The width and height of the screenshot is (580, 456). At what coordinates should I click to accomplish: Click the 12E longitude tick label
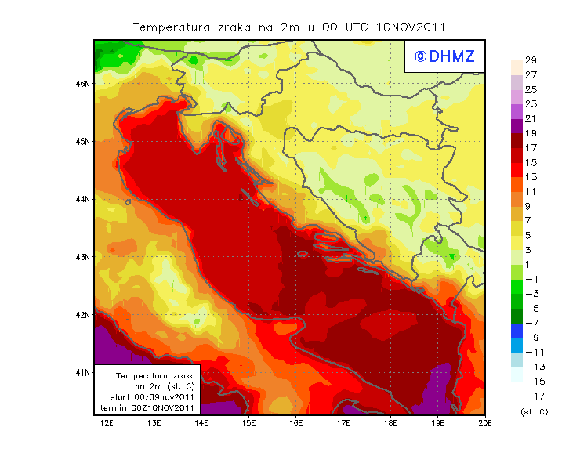point(107,424)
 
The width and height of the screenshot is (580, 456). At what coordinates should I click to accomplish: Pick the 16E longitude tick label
point(296,424)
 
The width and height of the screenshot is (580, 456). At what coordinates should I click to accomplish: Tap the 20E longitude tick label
point(485,424)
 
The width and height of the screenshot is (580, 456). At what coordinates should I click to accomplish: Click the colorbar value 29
point(530,60)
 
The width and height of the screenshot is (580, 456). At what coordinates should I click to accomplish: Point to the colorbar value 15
point(530,162)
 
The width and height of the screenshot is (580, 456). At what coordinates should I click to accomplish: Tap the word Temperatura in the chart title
point(169,27)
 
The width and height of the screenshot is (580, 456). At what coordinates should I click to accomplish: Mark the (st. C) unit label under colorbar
point(534,411)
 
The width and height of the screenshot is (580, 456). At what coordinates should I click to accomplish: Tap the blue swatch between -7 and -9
point(517,331)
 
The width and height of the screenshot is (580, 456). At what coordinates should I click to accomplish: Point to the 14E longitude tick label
point(201,424)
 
